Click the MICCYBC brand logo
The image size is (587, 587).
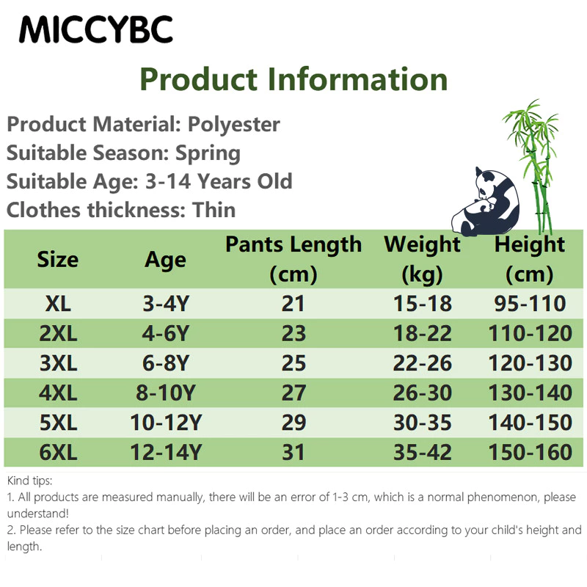[96, 29]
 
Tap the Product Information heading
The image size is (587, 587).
[293, 79]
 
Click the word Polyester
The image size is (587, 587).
[233, 125]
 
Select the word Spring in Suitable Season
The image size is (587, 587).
[208, 153]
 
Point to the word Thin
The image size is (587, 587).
[214, 210]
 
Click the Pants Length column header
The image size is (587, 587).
[293, 259]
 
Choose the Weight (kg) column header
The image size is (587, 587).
[423, 259]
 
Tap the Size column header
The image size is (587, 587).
[58, 260]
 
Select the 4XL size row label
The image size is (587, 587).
[58, 393]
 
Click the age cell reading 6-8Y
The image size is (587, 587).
[166, 363]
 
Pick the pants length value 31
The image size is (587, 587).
[293, 452]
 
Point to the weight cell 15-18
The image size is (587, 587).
[423, 303]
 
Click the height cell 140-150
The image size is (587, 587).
[530, 423]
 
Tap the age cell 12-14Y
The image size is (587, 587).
[166, 452]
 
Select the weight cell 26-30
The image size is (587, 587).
[423, 393]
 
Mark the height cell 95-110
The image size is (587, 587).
[530, 303]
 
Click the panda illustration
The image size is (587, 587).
[486, 203]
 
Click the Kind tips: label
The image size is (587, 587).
[29, 481]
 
